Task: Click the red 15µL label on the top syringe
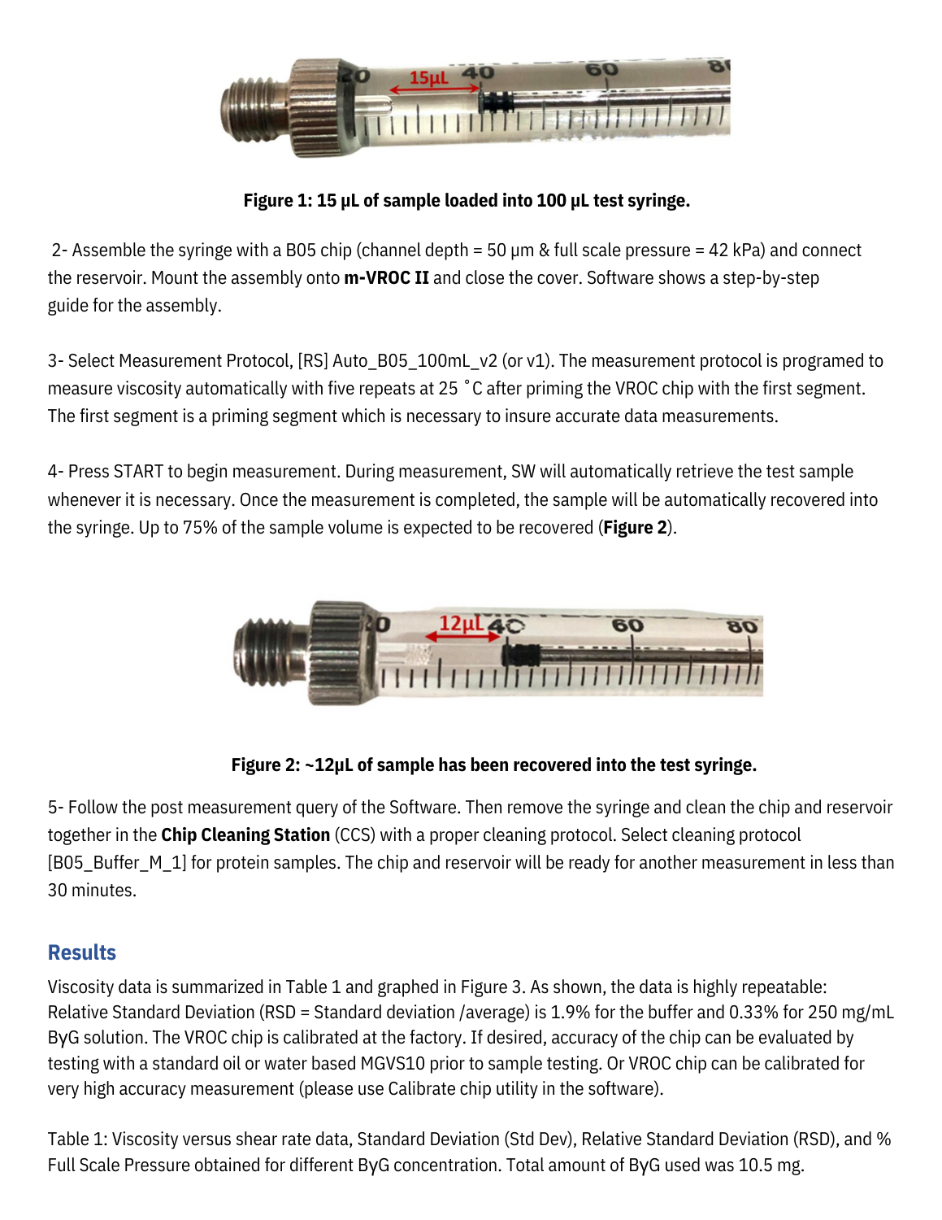point(428,78)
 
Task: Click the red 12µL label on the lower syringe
point(460,624)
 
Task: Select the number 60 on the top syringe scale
point(601,70)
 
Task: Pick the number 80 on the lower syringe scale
point(742,626)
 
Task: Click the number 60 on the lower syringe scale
point(627,625)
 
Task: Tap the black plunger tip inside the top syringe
point(497,101)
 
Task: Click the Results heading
point(82,952)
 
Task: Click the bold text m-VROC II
point(386,278)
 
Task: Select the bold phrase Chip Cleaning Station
point(245,835)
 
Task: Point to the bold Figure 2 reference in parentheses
point(636,528)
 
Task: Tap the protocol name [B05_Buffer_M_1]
point(117,863)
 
